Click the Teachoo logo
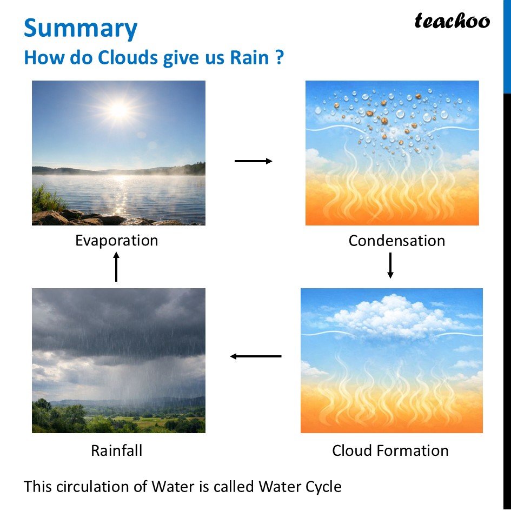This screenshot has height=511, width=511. click(452, 21)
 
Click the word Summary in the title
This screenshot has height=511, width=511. click(81, 28)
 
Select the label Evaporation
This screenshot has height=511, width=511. click(117, 240)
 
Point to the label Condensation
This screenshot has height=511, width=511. click(396, 241)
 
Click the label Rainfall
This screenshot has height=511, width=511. click(116, 450)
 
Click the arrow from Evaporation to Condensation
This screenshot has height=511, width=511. click(253, 161)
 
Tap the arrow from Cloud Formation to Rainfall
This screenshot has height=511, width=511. click(256, 356)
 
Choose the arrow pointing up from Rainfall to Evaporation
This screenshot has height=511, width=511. click(116, 267)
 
